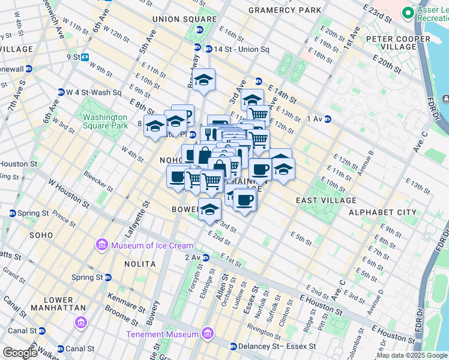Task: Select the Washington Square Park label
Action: pyautogui.click(x=106, y=121)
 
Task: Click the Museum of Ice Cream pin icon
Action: pyautogui.click(x=101, y=245)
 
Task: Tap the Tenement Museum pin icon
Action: pyautogui.click(x=207, y=334)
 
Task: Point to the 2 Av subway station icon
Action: pyautogui.click(x=205, y=257)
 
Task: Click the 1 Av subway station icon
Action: pyautogui.click(x=328, y=119)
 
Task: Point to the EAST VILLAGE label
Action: pyautogui.click(x=326, y=200)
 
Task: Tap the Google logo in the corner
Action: pyautogui.click(x=19, y=353)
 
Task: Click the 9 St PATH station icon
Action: pyautogui.click(x=85, y=58)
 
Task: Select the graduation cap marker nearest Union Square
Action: pyautogui.click(x=203, y=79)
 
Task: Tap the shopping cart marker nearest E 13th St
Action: pyautogui.click(x=259, y=114)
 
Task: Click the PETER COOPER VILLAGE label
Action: pyautogui.click(x=399, y=43)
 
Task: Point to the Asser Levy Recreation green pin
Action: pyautogui.click(x=408, y=12)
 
